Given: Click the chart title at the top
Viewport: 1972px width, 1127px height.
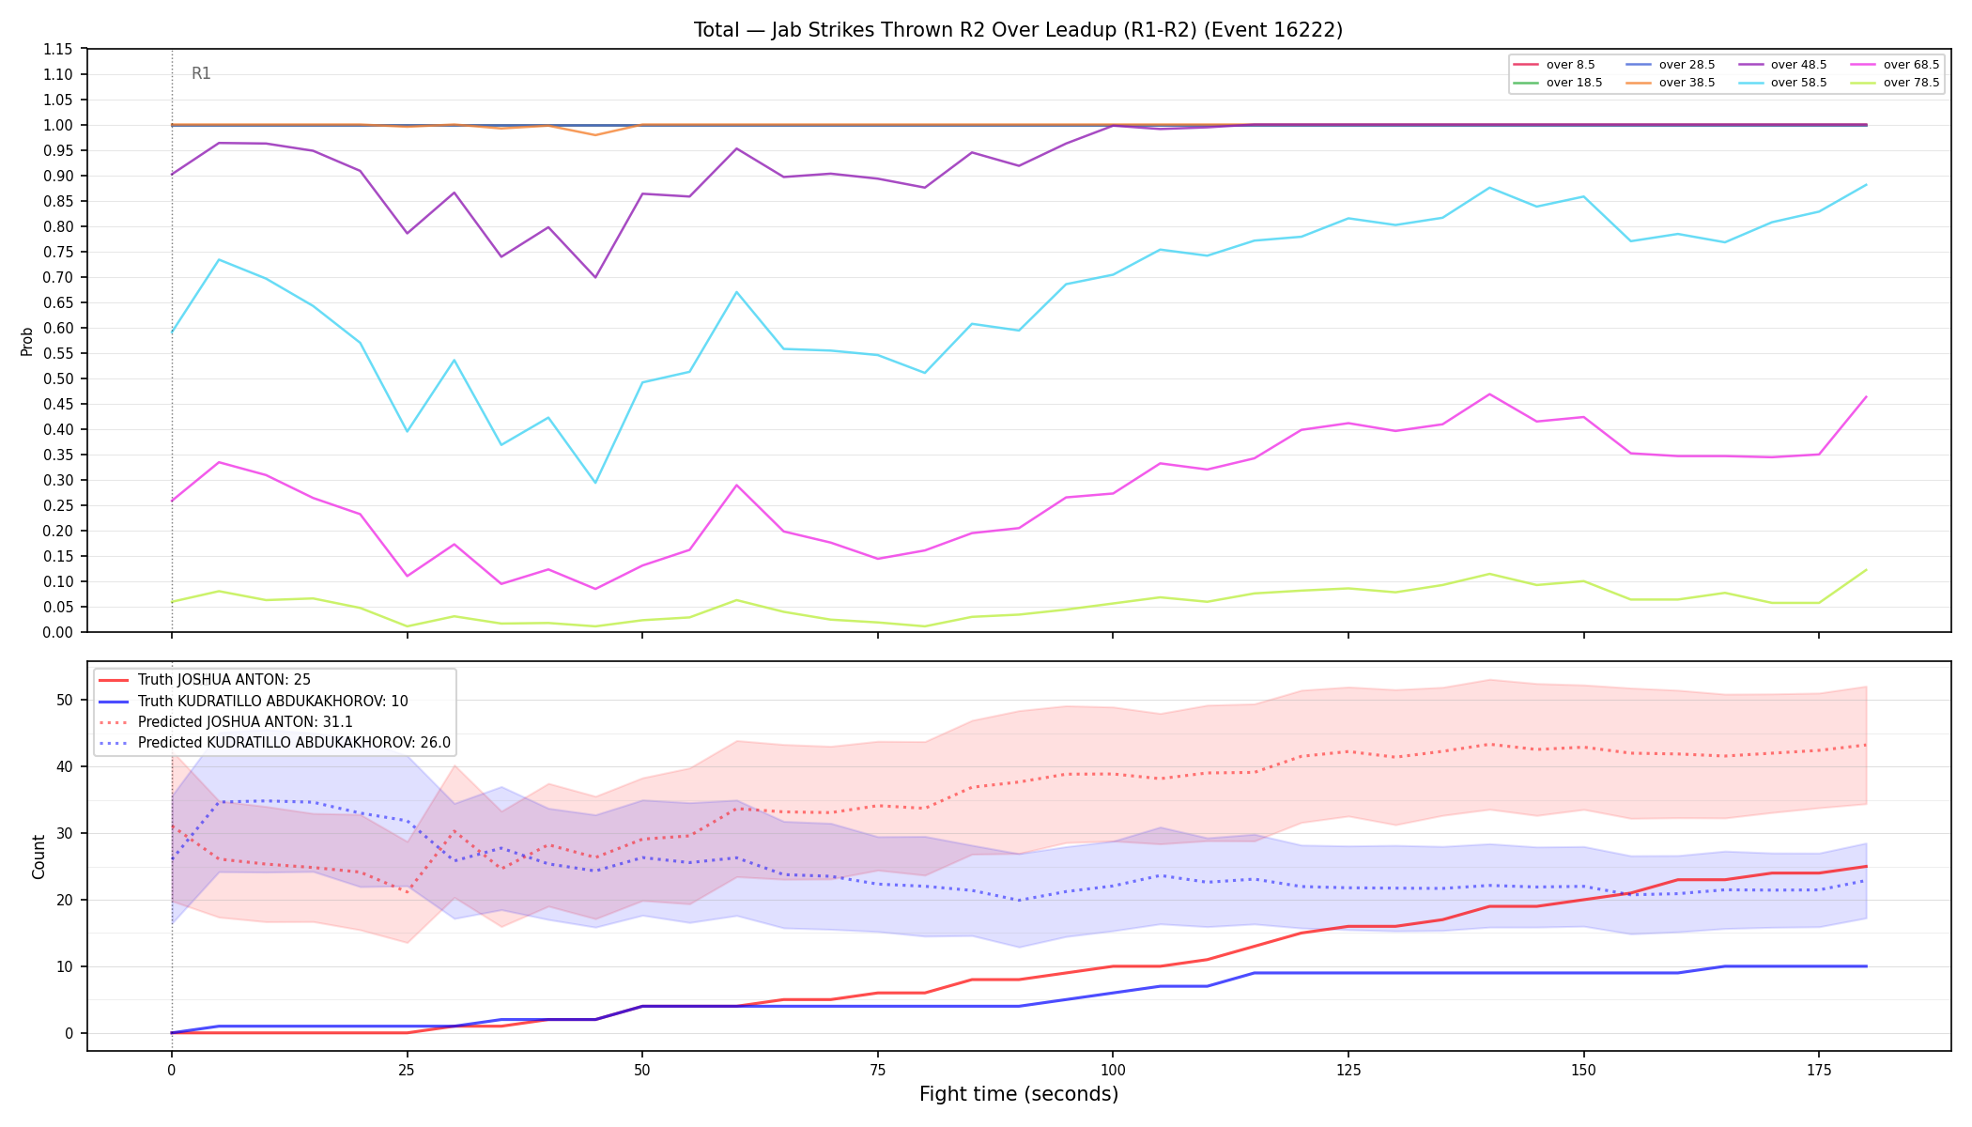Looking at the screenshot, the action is pyautogui.click(x=1018, y=30).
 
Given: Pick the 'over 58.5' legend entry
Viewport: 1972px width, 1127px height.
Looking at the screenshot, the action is pyautogui.click(x=1782, y=83).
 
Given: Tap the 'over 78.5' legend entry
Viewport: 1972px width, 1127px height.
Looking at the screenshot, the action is pyautogui.click(x=1895, y=83).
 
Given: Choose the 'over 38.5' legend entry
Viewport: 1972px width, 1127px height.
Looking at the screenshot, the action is pyautogui.click(x=1671, y=83).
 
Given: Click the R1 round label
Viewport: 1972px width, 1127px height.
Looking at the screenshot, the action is pyautogui.click(x=201, y=73).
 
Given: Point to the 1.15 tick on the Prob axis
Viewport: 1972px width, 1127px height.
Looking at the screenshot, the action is pyautogui.click(x=58, y=49).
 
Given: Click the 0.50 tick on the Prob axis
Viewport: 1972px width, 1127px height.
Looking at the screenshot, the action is pyautogui.click(x=58, y=378).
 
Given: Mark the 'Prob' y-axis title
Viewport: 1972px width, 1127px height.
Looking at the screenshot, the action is pyautogui.click(x=27, y=341).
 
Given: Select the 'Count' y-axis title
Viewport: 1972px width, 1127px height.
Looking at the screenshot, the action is pyautogui.click(x=39, y=857).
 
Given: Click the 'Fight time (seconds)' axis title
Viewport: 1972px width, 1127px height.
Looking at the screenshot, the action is pyautogui.click(x=1019, y=1094).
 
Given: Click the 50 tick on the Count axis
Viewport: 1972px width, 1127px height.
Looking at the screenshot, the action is pyautogui.click(x=65, y=700).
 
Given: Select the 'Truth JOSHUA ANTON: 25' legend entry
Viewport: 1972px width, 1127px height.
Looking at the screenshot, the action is pyautogui.click(x=204, y=680).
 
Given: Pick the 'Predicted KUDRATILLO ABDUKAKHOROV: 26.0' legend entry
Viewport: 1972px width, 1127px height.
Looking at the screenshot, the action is pyautogui.click(x=274, y=743).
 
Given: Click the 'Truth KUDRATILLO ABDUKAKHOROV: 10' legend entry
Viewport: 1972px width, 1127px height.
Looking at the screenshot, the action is pyautogui.click(x=253, y=702).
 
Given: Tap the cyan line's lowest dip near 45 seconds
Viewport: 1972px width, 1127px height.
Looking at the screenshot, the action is pyautogui.click(x=595, y=483).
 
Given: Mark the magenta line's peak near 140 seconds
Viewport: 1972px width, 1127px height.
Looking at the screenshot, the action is pyautogui.click(x=1489, y=394).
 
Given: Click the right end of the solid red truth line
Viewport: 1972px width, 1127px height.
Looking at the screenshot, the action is pyautogui.click(x=1866, y=866).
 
